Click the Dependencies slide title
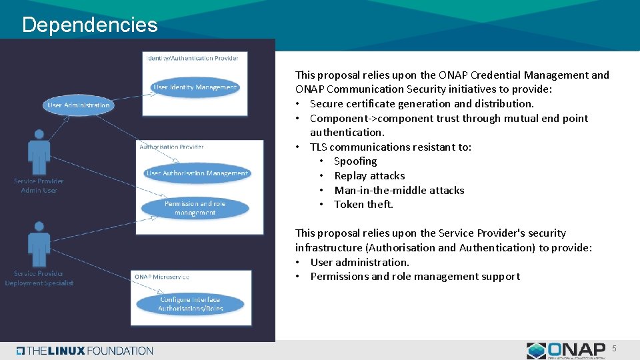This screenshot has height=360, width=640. click(x=89, y=25)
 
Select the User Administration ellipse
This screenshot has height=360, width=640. click(x=79, y=105)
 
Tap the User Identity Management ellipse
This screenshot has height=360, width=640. click(x=195, y=87)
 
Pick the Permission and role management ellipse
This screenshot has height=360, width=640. click(x=195, y=208)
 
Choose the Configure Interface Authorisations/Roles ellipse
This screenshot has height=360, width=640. click(x=191, y=304)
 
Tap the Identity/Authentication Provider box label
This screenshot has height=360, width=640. click(x=192, y=58)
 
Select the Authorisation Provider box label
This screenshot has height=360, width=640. click(x=171, y=147)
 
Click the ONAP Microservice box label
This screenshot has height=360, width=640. click(x=161, y=277)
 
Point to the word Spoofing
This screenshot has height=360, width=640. click(x=355, y=161)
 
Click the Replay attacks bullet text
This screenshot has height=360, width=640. click(x=369, y=176)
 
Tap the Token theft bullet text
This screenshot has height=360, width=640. click(x=363, y=205)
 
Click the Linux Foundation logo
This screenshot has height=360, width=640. click(x=85, y=351)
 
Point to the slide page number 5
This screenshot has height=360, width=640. click(x=614, y=348)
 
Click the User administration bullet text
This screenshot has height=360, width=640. click(x=359, y=262)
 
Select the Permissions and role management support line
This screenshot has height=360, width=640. click(x=415, y=277)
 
